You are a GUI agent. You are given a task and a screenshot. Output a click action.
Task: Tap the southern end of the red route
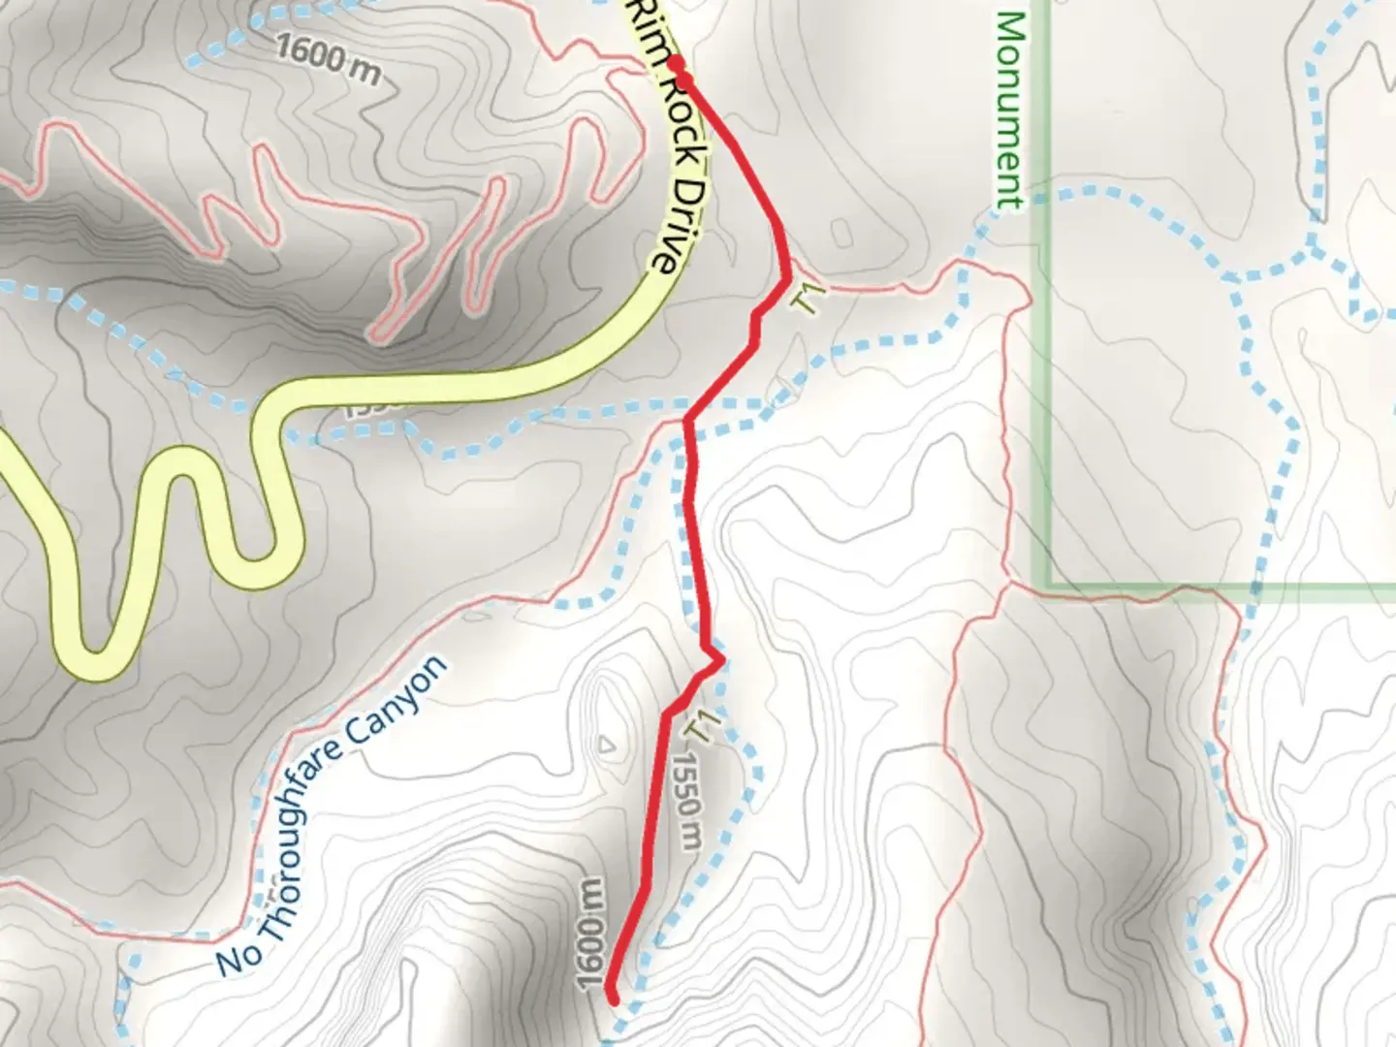click(613, 996)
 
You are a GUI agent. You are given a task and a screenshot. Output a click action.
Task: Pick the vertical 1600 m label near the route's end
click(590, 935)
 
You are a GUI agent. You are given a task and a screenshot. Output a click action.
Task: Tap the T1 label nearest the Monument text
click(810, 296)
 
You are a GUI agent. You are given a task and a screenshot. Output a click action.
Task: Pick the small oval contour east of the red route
click(841, 233)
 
